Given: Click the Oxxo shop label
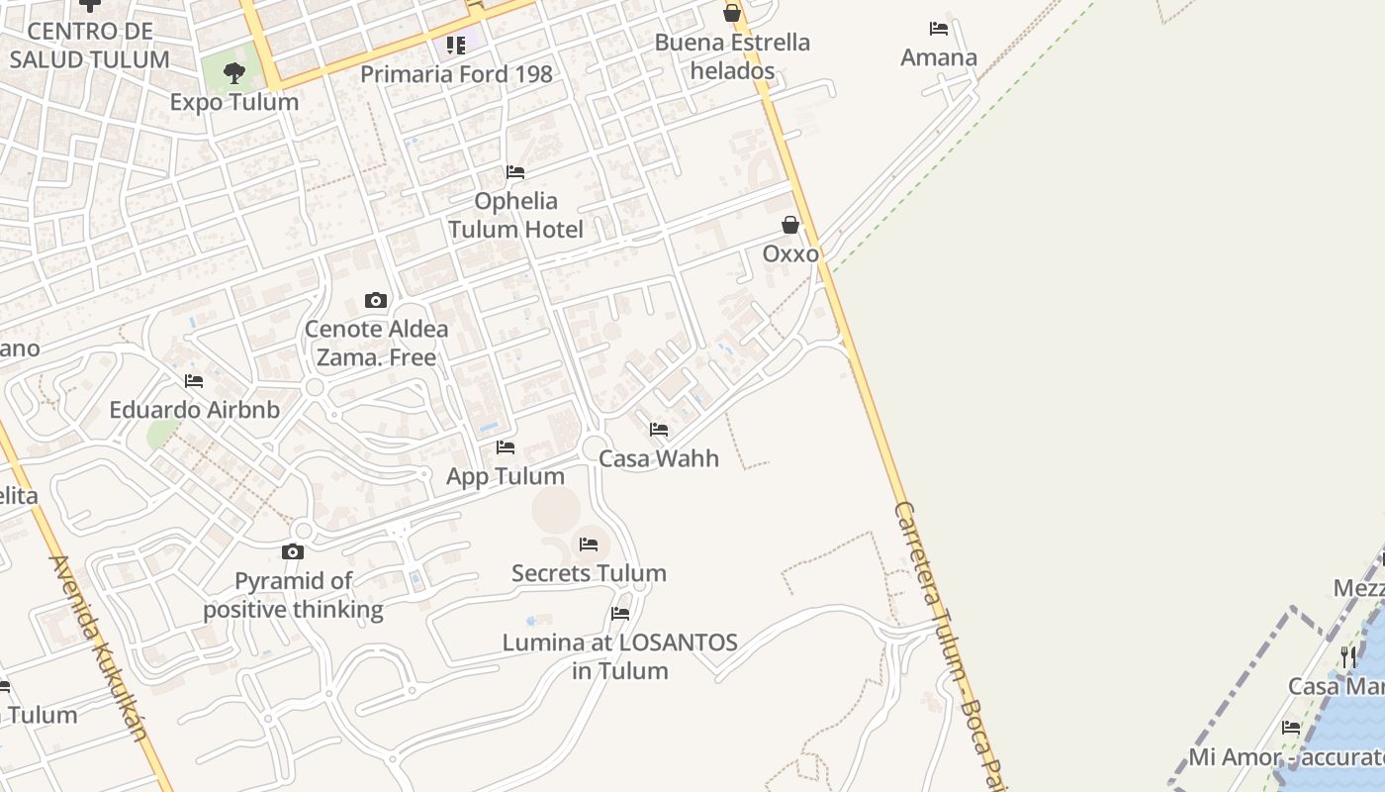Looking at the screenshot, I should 790,254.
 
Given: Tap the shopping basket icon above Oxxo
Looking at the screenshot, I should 790,226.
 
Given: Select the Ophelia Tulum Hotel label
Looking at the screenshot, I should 515,215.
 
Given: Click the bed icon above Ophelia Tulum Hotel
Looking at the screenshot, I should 515,172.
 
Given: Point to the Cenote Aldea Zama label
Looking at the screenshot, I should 376,343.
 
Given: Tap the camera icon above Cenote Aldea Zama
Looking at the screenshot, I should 376,300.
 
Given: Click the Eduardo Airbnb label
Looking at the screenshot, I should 194,410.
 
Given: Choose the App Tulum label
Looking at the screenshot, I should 506,476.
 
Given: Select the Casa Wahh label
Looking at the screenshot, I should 659,458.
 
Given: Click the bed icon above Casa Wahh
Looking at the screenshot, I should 659,430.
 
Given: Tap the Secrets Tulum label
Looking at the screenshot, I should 589,573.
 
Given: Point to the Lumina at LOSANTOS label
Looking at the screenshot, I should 620,656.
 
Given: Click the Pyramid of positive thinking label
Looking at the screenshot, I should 293,595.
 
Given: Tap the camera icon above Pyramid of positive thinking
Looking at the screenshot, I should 293,551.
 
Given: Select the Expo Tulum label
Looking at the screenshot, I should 233,102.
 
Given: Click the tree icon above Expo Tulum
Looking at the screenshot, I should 233,72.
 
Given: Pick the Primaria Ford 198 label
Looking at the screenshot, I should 456,74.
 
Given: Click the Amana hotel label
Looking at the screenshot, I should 939,57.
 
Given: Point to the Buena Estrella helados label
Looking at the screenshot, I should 732,56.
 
